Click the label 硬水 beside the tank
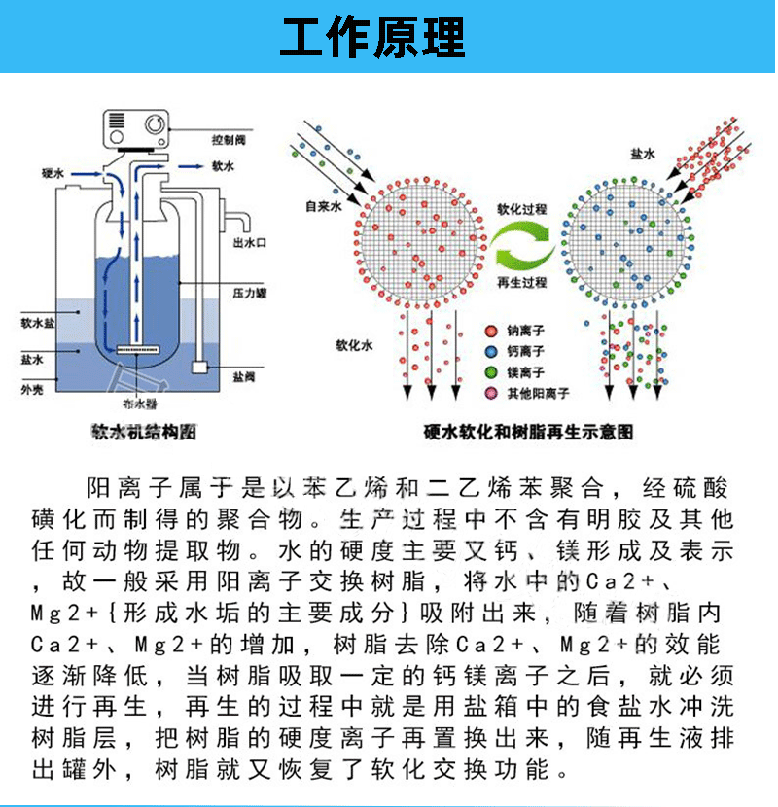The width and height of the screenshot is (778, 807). point(53,172)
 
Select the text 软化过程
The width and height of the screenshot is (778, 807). point(522,210)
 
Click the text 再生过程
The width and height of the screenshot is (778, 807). point(522,283)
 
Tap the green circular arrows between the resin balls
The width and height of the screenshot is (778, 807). point(522,246)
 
